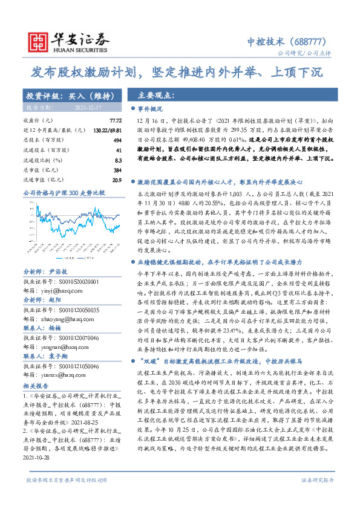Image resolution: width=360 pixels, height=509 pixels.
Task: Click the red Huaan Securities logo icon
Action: tap(38, 39)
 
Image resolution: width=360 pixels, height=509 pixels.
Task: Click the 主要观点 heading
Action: tap(154, 96)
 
